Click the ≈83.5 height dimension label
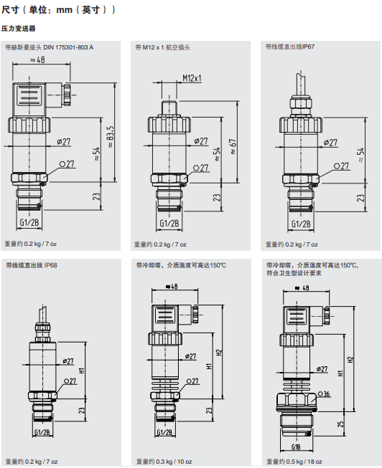111,136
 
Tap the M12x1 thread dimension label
192,78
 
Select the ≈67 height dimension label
233,146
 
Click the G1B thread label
296,446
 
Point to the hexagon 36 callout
324,394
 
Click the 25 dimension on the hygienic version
340,424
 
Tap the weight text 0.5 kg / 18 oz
304,462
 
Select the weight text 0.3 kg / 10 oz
174,462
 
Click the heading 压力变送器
18,29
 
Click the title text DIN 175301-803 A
68,47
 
